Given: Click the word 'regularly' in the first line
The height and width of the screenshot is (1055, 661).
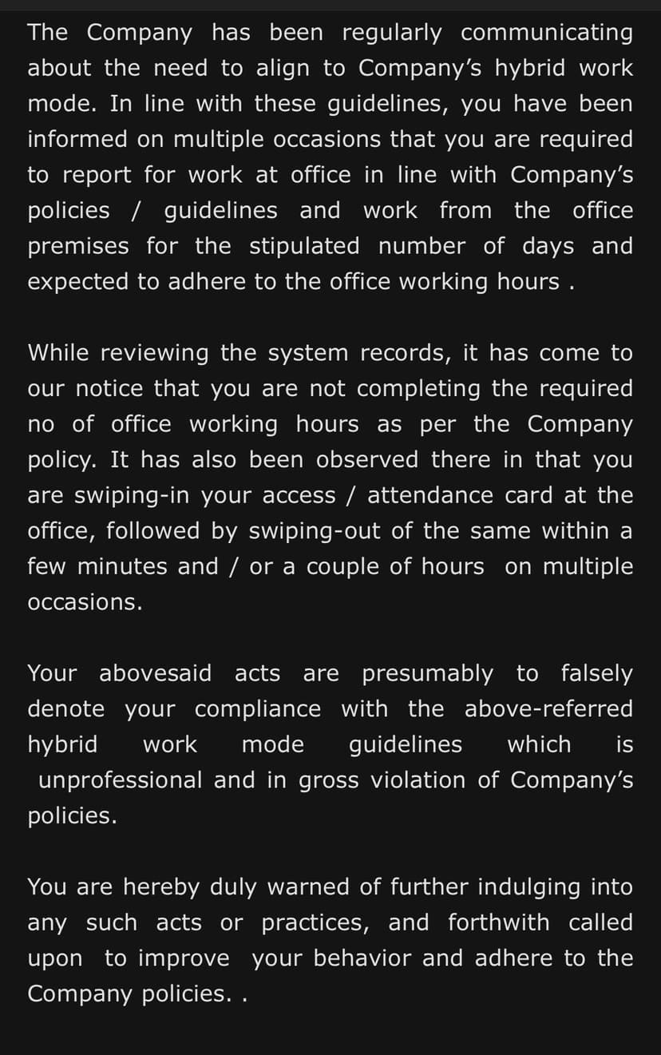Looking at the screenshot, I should tap(391, 33).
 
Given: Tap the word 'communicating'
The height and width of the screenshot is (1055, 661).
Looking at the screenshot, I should tap(547, 33).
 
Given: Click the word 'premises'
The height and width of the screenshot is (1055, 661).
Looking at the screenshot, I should tap(77, 246).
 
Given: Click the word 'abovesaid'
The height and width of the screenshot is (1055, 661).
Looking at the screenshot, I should tap(156, 673).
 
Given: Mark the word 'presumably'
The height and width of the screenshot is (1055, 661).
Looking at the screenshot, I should tap(427, 673).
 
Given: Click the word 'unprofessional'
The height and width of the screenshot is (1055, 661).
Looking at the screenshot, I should tap(120, 780).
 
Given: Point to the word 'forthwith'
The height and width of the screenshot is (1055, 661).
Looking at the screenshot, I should tap(498, 923).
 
